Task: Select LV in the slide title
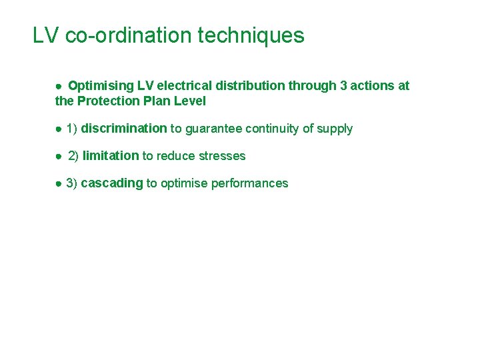tap(46, 35)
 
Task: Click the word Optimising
tap(101, 86)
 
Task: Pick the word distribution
tap(253, 86)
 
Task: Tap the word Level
tap(190, 101)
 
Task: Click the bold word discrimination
tap(124, 129)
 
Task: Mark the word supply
tap(335, 129)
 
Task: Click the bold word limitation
tap(111, 156)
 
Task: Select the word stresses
tap(221, 156)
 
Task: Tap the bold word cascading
tap(112, 183)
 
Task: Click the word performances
tap(250, 183)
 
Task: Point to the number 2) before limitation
tap(73, 156)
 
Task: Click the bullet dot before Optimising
tap(59, 87)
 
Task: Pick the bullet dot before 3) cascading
tap(59, 184)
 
